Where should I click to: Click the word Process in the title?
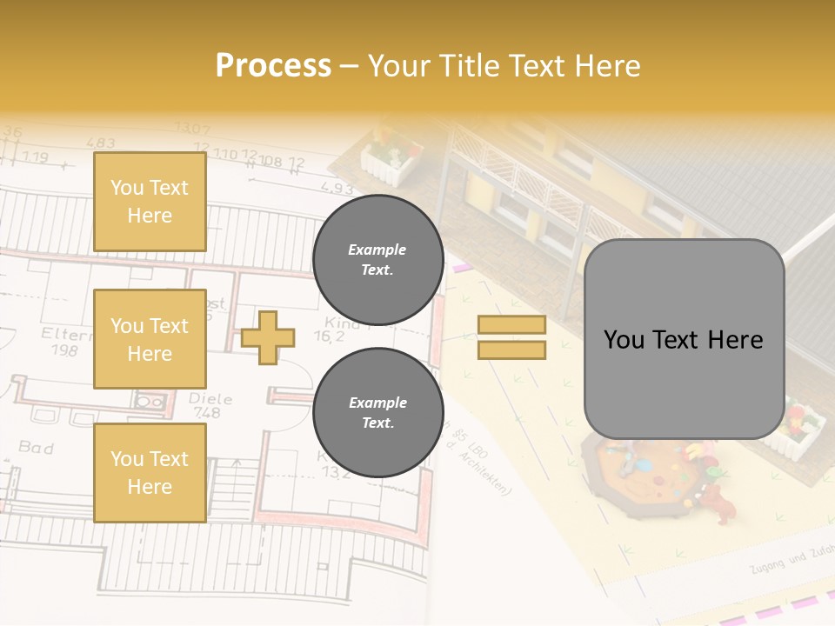(x=273, y=65)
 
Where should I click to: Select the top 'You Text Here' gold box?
(x=150, y=202)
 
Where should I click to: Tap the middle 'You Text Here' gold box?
(x=150, y=339)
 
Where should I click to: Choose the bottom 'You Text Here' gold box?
(x=150, y=472)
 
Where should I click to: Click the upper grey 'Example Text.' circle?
(x=377, y=259)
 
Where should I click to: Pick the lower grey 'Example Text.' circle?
(x=377, y=412)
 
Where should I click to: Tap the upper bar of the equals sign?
(x=511, y=325)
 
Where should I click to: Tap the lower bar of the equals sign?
(x=511, y=350)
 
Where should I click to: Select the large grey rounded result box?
(x=684, y=339)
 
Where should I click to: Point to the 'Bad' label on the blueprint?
(x=37, y=448)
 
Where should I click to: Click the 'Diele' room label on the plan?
(x=210, y=399)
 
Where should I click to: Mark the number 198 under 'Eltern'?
(x=63, y=350)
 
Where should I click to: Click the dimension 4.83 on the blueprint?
(x=100, y=143)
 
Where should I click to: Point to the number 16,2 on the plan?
(x=329, y=336)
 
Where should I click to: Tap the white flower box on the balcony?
(x=391, y=160)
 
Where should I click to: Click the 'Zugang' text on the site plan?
(x=767, y=566)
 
